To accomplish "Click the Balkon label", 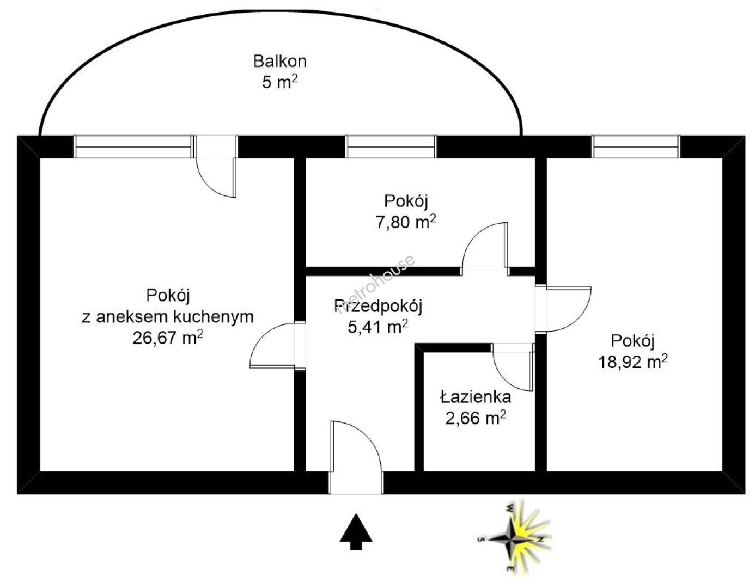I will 280,60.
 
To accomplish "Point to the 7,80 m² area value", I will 410,222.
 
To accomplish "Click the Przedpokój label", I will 378,306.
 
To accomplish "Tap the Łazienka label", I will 476,397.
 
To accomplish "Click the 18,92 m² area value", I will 633,362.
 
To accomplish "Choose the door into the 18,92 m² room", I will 567,309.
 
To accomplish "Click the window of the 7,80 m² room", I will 391,147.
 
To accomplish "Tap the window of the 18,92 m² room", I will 636,147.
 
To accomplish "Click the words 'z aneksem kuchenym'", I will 168,316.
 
